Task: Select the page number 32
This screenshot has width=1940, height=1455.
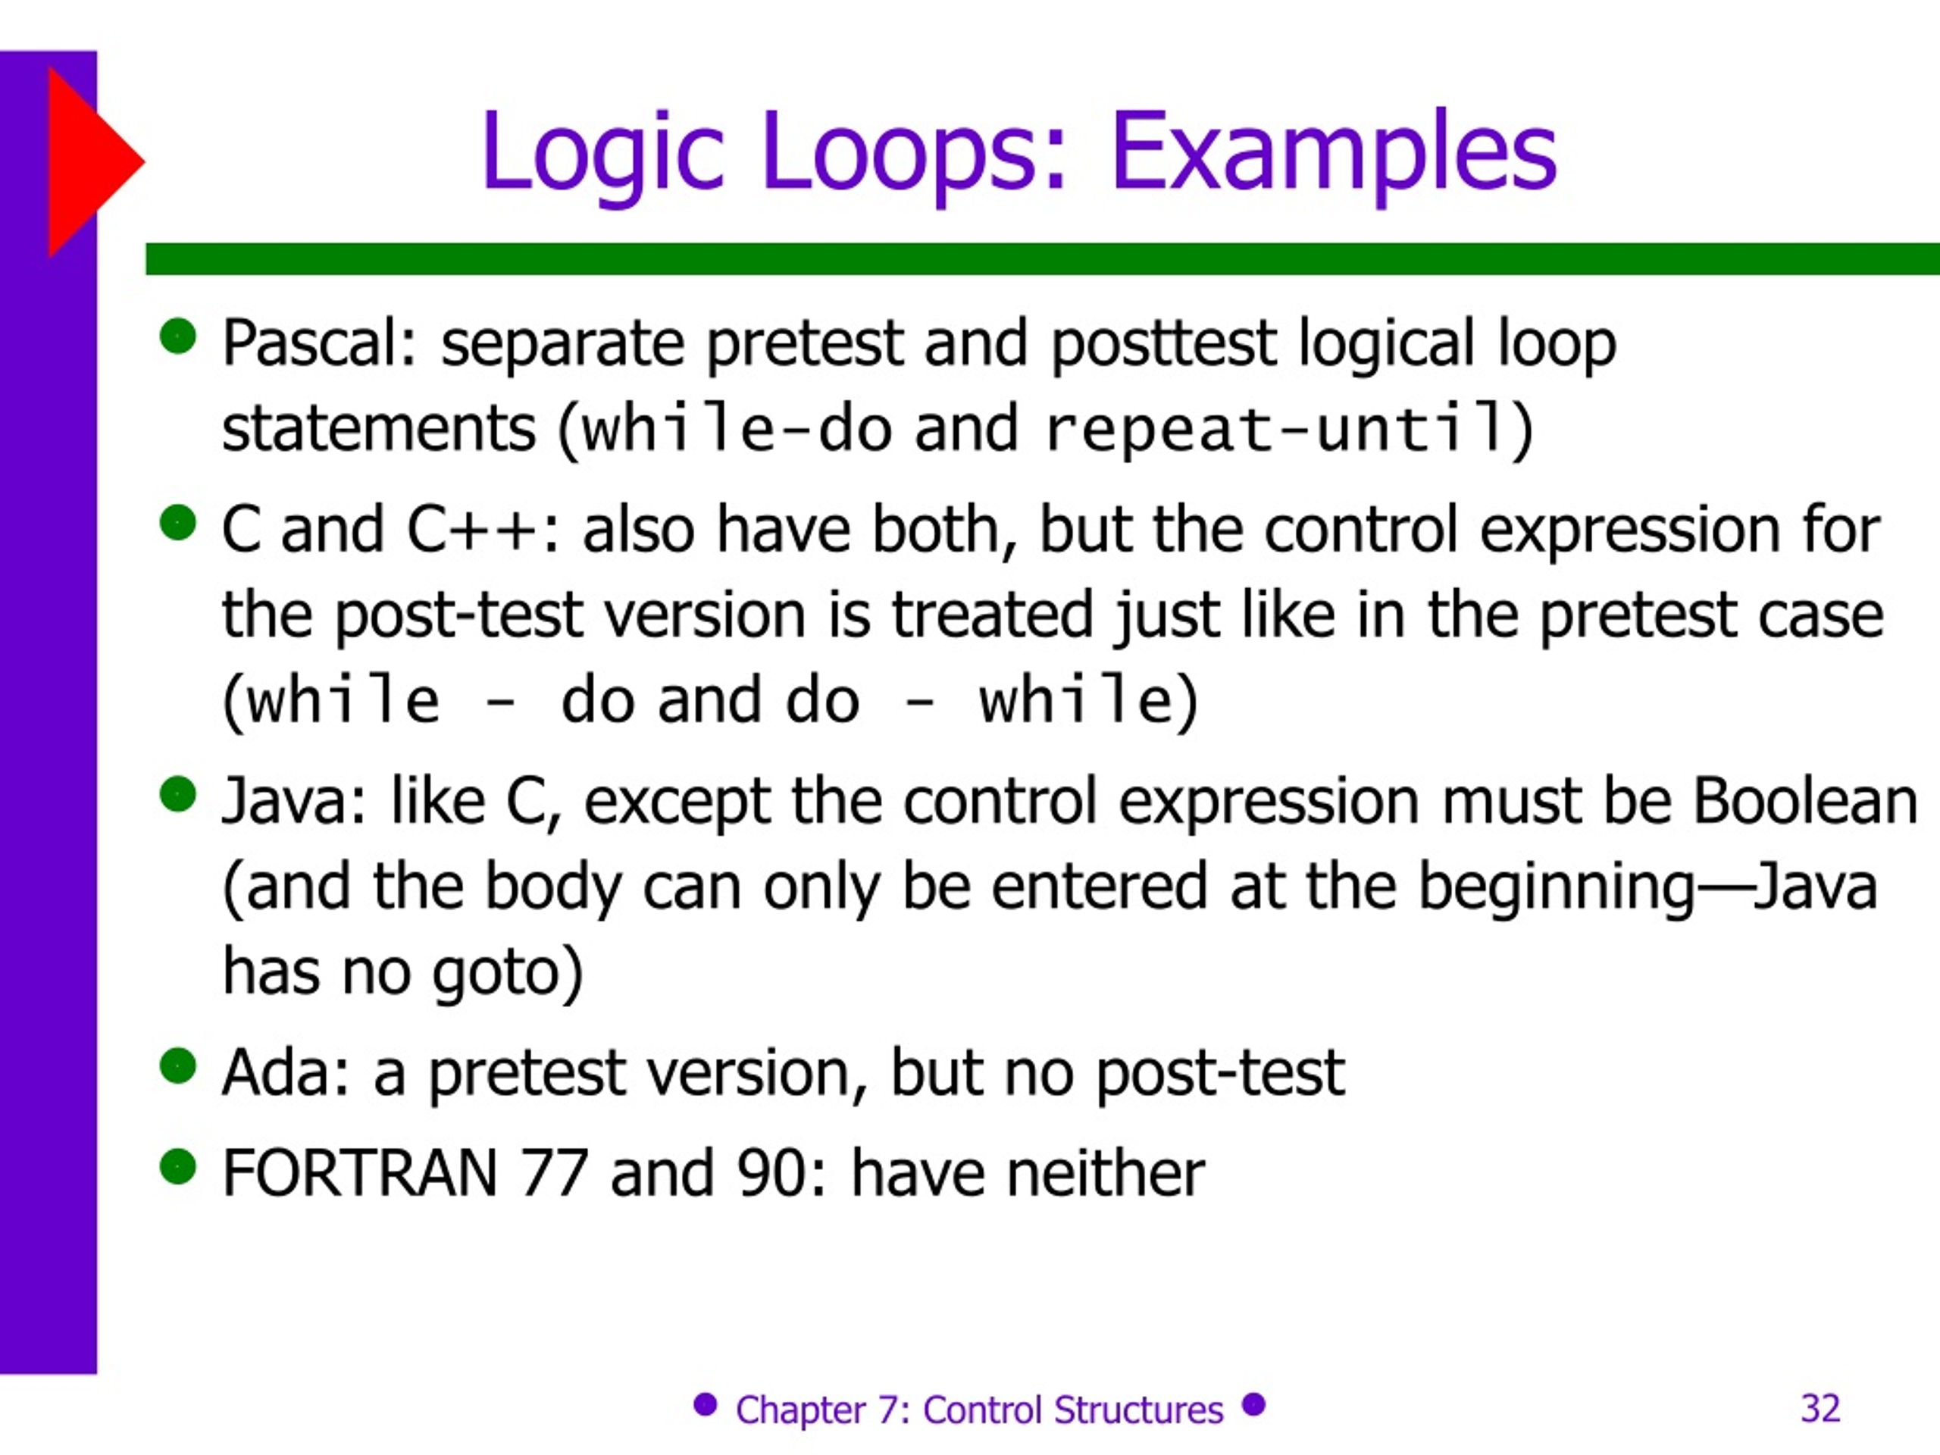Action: point(1820,1408)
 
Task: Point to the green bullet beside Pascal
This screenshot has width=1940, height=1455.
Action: point(178,336)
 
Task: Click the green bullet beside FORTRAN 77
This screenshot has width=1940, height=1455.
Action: point(178,1166)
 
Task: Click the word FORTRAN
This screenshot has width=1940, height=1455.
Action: point(360,1172)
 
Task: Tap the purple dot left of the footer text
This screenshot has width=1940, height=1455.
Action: point(705,1404)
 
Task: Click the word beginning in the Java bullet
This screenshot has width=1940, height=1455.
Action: point(1557,887)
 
